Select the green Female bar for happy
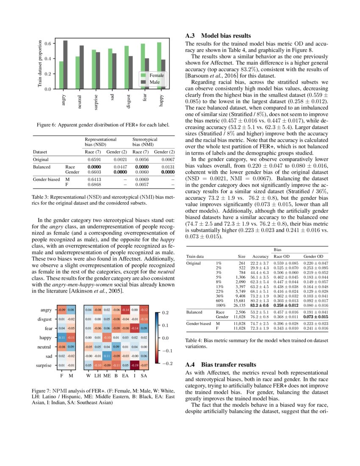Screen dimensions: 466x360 point(159,66)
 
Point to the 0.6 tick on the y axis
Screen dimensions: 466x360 point(48,44)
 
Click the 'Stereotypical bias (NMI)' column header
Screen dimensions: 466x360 point(145,141)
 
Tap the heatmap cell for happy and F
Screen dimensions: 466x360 point(61,338)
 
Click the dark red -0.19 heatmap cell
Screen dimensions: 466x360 point(136,365)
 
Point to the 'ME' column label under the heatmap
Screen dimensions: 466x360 point(107,375)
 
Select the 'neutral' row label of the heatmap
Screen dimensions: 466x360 point(44,347)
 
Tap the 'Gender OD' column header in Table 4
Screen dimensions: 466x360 point(313,256)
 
